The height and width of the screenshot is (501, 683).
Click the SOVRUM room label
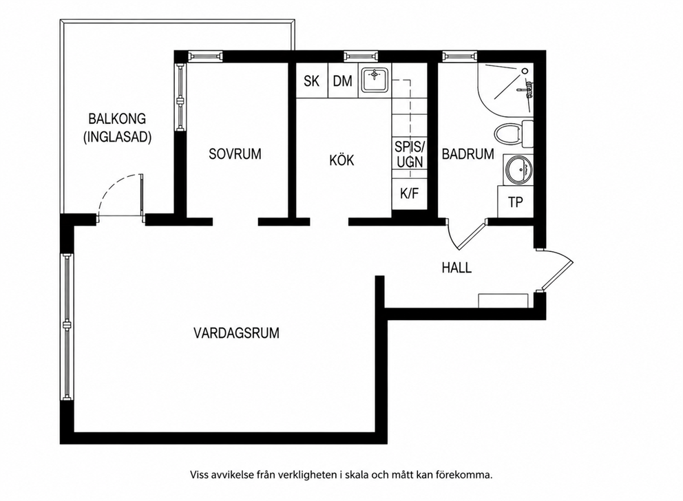tap(235, 154)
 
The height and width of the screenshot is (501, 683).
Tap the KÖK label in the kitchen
tap(341, 160)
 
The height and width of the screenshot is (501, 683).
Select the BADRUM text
tap(467, 154)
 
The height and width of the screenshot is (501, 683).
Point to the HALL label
tap(456, 267)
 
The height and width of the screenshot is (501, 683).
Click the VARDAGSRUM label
tap(237, 333)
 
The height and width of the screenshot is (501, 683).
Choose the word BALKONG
tap(117, 119)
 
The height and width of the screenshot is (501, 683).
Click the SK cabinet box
tap(311, 81)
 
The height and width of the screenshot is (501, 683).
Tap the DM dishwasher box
tap(343, 81)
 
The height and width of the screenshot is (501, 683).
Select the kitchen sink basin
tap(374, 81)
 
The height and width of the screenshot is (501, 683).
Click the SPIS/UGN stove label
tap(410, 154)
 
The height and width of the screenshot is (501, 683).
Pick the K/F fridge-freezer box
tap(409, 194)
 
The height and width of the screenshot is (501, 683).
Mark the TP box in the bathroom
tap(515, 202)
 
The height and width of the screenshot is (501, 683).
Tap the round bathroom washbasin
tap(518, 170)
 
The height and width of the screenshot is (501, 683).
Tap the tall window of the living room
tap(67, 326)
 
